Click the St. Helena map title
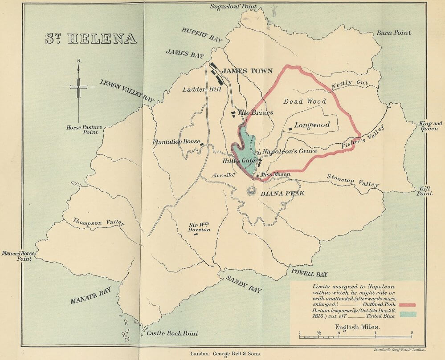91,38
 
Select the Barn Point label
394,32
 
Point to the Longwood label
312,125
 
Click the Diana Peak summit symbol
252,191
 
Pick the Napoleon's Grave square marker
258,152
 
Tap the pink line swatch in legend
407,305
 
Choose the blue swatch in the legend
407,314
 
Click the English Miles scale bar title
356,327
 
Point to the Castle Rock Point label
172,333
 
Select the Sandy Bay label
243,284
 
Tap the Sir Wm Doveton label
199,227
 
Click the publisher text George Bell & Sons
225,354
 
